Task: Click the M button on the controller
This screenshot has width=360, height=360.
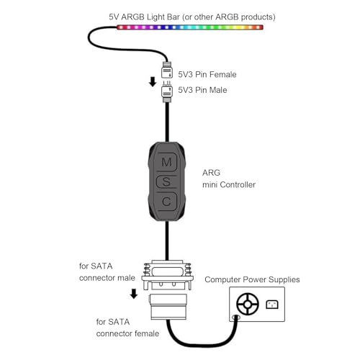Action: tap(166, 161)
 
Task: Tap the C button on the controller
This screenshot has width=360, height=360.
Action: tap(166, 201)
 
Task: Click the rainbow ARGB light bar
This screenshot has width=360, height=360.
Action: tap(190, 27)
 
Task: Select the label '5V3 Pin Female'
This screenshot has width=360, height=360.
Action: tap(207, 74)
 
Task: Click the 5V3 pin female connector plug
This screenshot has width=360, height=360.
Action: tap(167, 73)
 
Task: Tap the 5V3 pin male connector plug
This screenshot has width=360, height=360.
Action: tap(167, 89)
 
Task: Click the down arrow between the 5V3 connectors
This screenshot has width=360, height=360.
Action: tap(153, 81)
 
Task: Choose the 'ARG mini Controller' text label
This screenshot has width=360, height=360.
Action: tap(229, 179)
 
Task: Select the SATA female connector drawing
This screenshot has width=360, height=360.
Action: tap(167, 305)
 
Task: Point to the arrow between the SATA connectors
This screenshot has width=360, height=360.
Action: tap(134, 294)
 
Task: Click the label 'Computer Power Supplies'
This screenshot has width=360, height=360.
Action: tap(252, 279)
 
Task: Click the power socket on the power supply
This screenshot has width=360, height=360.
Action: tap(272, 305)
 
